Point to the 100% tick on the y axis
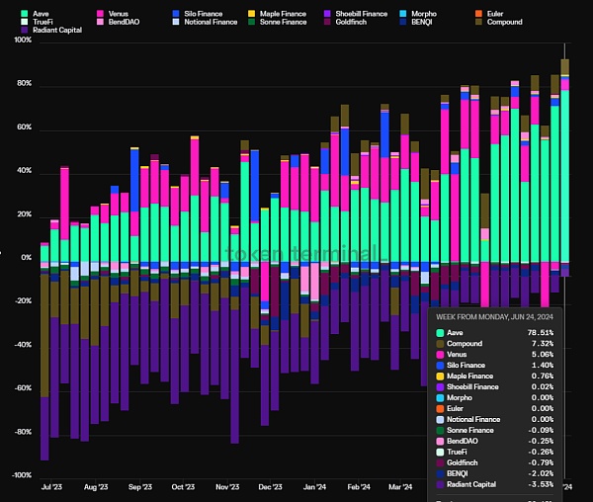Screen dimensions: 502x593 point(22,41)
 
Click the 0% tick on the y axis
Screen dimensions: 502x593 point(26,258)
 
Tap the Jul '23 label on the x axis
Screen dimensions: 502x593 point(52,487)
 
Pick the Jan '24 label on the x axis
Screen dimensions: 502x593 point(314,487)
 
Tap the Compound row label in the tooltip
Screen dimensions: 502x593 point(465,344)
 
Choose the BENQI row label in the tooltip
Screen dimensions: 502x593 point(458,473)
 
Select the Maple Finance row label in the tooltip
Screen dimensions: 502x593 point(471,376)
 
